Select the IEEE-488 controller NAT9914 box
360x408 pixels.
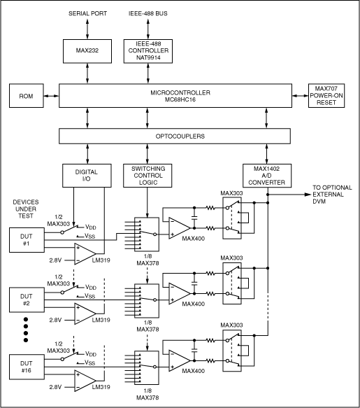tap(147, 51)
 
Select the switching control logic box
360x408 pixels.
tap(147, 175)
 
